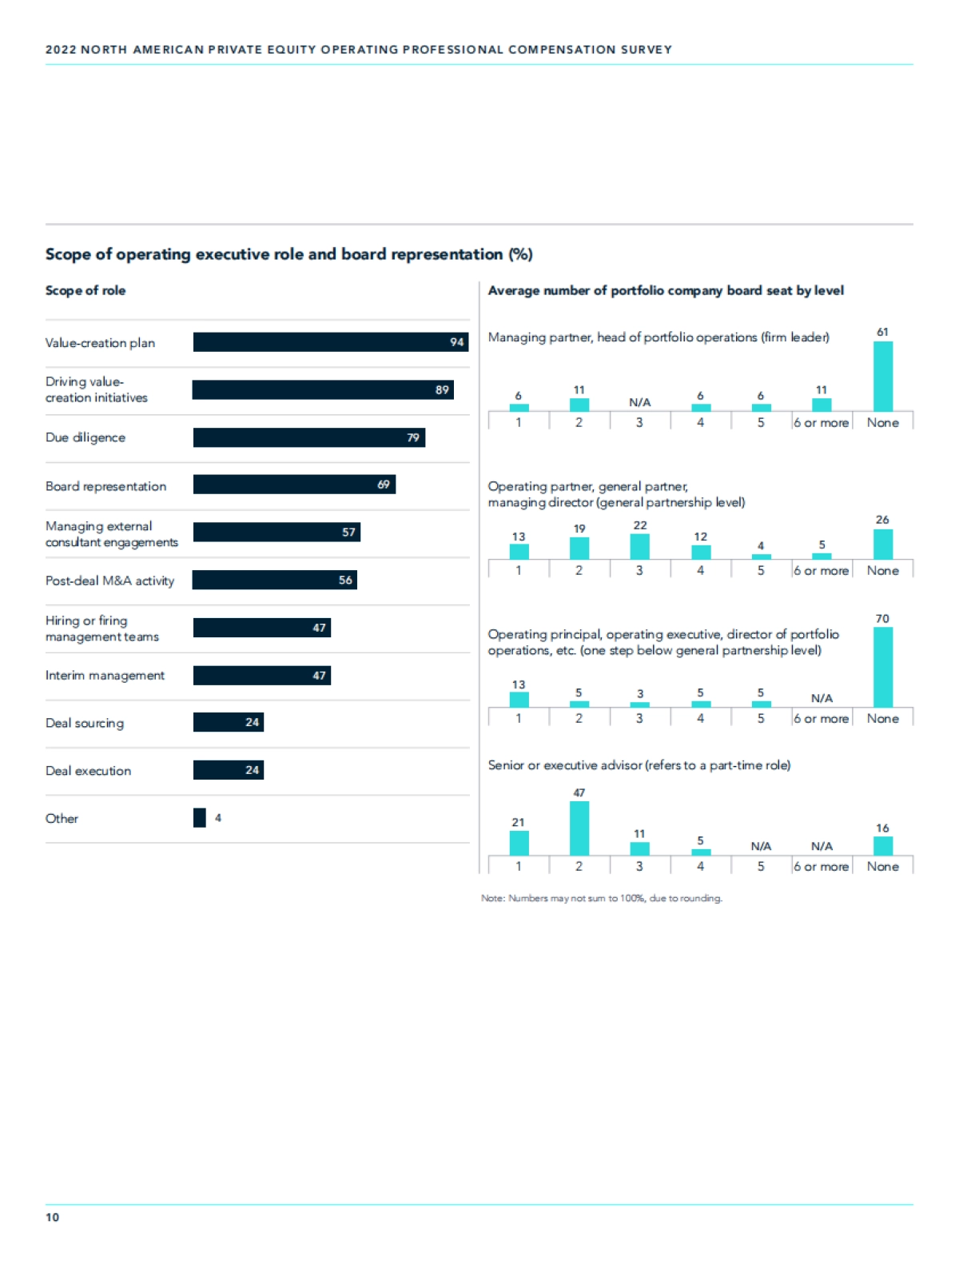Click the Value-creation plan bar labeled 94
330,342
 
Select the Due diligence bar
308,437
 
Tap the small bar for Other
200,818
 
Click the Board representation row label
105,486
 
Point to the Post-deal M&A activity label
109,581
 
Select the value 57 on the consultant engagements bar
348,533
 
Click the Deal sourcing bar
228,723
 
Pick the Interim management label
105,676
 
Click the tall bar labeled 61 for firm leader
882,377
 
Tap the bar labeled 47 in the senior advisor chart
579,828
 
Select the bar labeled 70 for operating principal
882,667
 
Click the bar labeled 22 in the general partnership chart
639,547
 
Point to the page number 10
52,1217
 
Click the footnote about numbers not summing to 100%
602,898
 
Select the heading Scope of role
86,290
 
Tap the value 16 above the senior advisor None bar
882,828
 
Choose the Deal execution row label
88,771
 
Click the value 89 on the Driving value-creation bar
442,390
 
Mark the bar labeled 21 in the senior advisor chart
519,844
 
